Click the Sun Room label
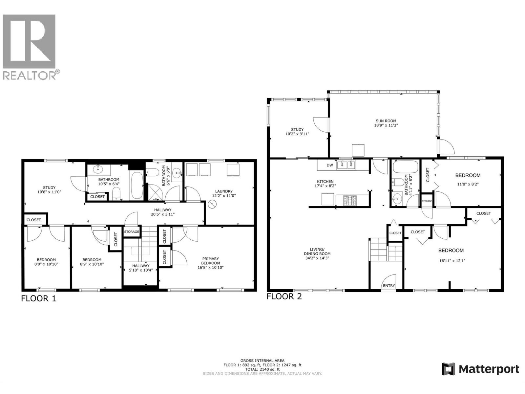[x=386, y=121]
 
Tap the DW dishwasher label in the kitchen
[x=330, y=165]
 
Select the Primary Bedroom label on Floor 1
[x=210, y=261]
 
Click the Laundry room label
[x=224, y=191]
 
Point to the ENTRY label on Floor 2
[x=389, y=286]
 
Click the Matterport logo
[x=480, y=369]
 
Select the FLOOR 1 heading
[x=39, y=298]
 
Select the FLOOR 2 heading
[x=284, y=296]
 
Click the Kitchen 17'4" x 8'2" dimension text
[x=325, y=186]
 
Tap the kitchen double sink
[x=346, y=165]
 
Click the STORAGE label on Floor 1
[x=132, y=232]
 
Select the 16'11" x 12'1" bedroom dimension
[x=451, y=261]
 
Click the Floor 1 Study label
[x=49, y=188]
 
